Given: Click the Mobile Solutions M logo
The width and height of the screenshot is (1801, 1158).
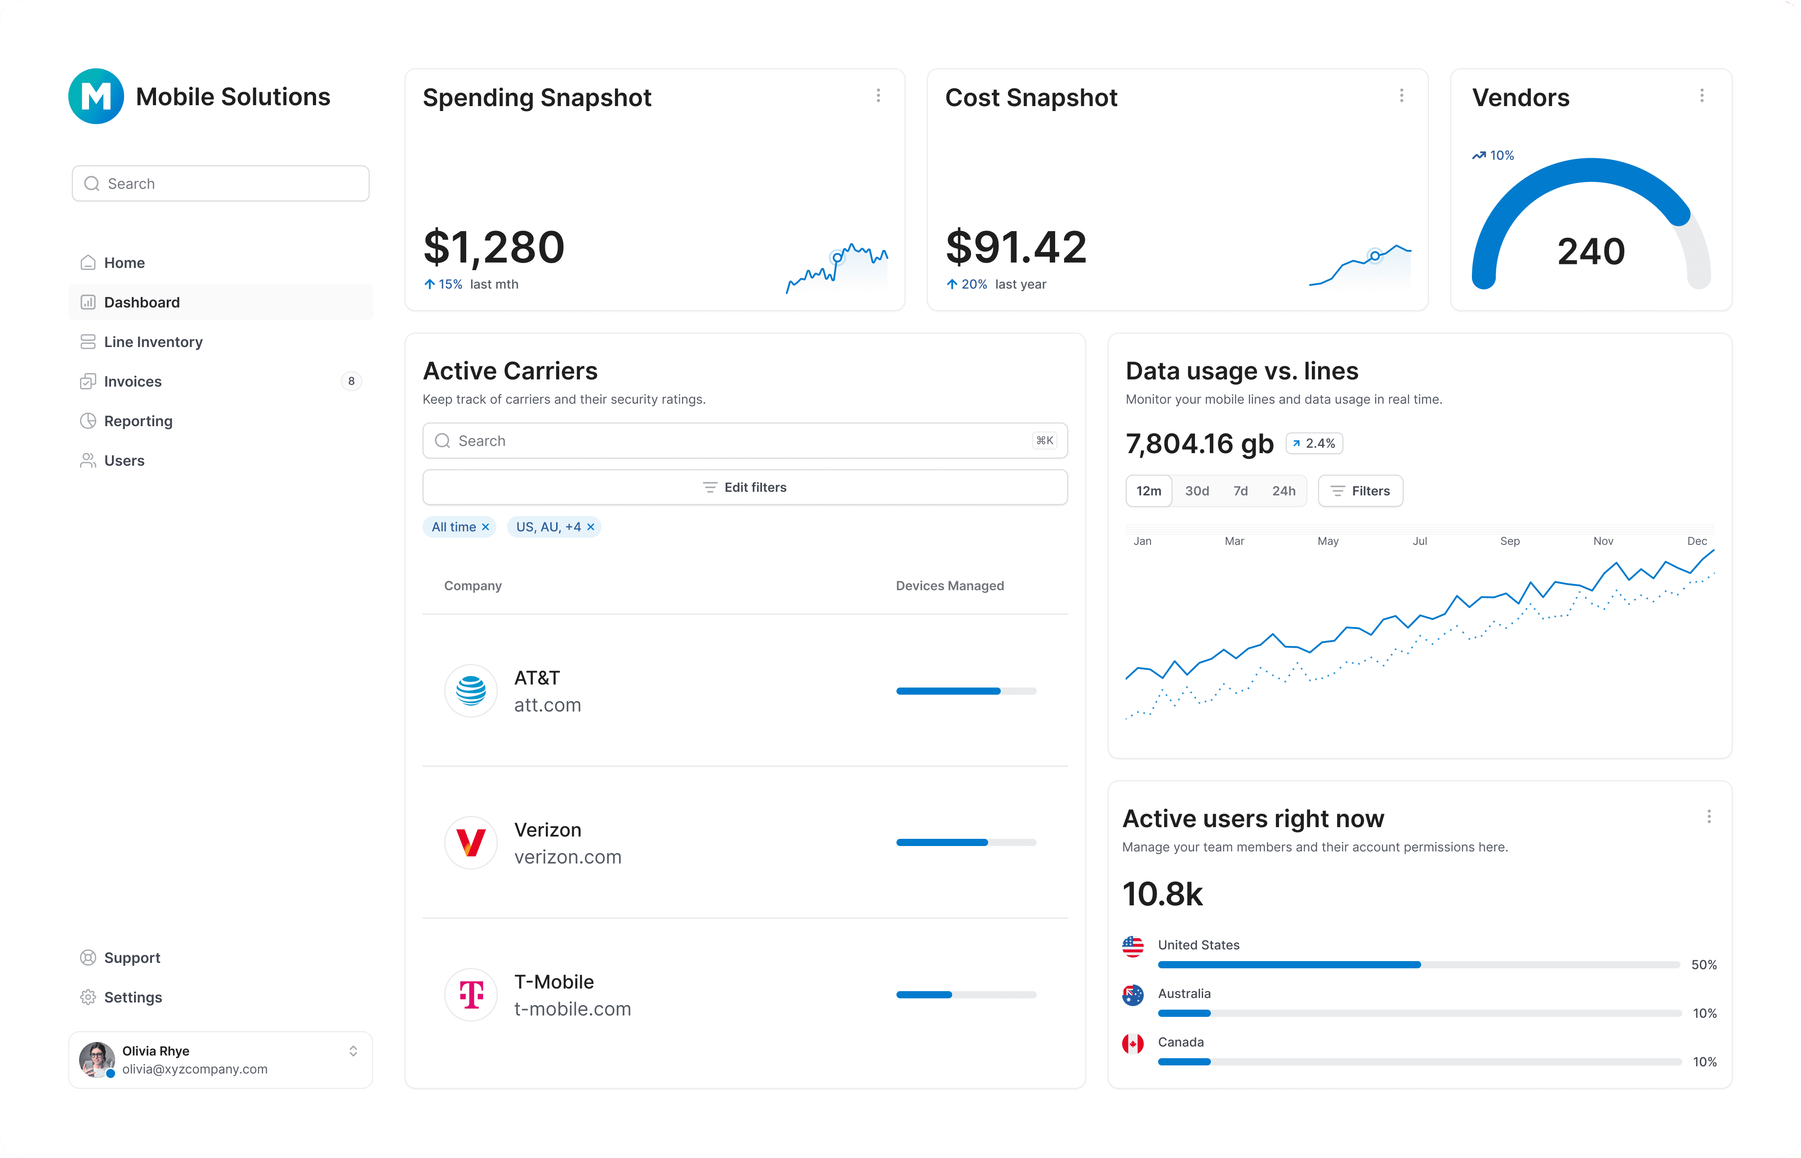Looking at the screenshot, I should (x=95, y=96).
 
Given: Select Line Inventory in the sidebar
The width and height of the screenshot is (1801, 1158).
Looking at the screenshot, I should (x=153, y=342).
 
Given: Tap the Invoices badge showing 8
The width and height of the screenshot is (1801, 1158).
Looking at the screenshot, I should (x=351, y=381).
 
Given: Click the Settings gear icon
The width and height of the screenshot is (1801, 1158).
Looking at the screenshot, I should (x=88, y=997).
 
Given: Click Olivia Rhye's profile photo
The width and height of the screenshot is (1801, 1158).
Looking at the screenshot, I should (x=96, y=1060).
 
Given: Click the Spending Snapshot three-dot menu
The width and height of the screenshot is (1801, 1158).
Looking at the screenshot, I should (x=878, y=95).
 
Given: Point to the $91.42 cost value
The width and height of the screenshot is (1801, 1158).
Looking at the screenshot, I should (x=1015, y=247).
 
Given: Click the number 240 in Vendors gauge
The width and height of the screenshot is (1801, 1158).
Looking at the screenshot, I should (x=1591, y=251).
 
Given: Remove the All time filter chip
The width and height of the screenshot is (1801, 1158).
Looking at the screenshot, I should (x=486, y=527).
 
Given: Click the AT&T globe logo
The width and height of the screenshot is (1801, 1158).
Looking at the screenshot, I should (x=471, y=690).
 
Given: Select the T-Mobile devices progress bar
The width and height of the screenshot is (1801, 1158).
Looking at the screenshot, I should (x=966, y=995).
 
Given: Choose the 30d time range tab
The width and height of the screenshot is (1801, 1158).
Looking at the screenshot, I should (x=1196, y=491).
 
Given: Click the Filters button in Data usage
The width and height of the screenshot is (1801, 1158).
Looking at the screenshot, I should (x=1360, y=491).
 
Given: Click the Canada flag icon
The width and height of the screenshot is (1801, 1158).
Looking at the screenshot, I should (x=1132, y=1044).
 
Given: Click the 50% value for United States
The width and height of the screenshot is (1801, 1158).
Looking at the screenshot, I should (x=1703, y=965).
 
